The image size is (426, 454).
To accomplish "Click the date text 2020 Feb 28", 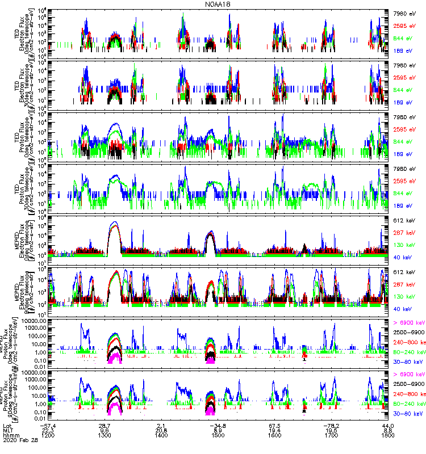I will (x=19, y=440).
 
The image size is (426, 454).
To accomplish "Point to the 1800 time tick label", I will (x=387, y=434).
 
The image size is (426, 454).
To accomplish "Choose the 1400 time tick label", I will (x=161, y=434).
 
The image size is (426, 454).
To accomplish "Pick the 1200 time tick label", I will (x=48, y=434).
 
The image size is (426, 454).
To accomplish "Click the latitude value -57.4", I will (x=48, y=425).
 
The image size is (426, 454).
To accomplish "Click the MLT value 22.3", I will (x=48, y=430).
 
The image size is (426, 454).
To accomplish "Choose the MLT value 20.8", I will (x=161, y=430).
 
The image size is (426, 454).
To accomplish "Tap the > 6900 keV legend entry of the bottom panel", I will (x=409, y=375).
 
